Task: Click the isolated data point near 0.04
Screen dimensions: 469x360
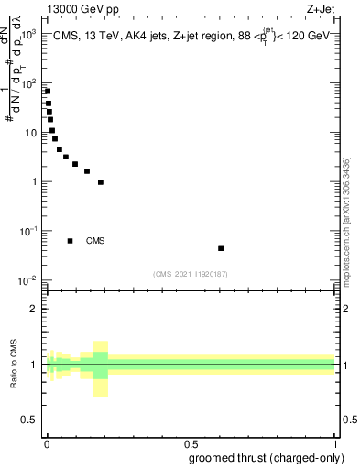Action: point(221,248)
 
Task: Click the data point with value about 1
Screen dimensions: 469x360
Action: point(101,181)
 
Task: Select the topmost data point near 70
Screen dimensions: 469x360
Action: point(48,92)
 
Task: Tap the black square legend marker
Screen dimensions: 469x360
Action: point(71,241)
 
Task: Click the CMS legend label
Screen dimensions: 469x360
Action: point(95,241)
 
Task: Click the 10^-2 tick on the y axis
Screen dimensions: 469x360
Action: point(30,279)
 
